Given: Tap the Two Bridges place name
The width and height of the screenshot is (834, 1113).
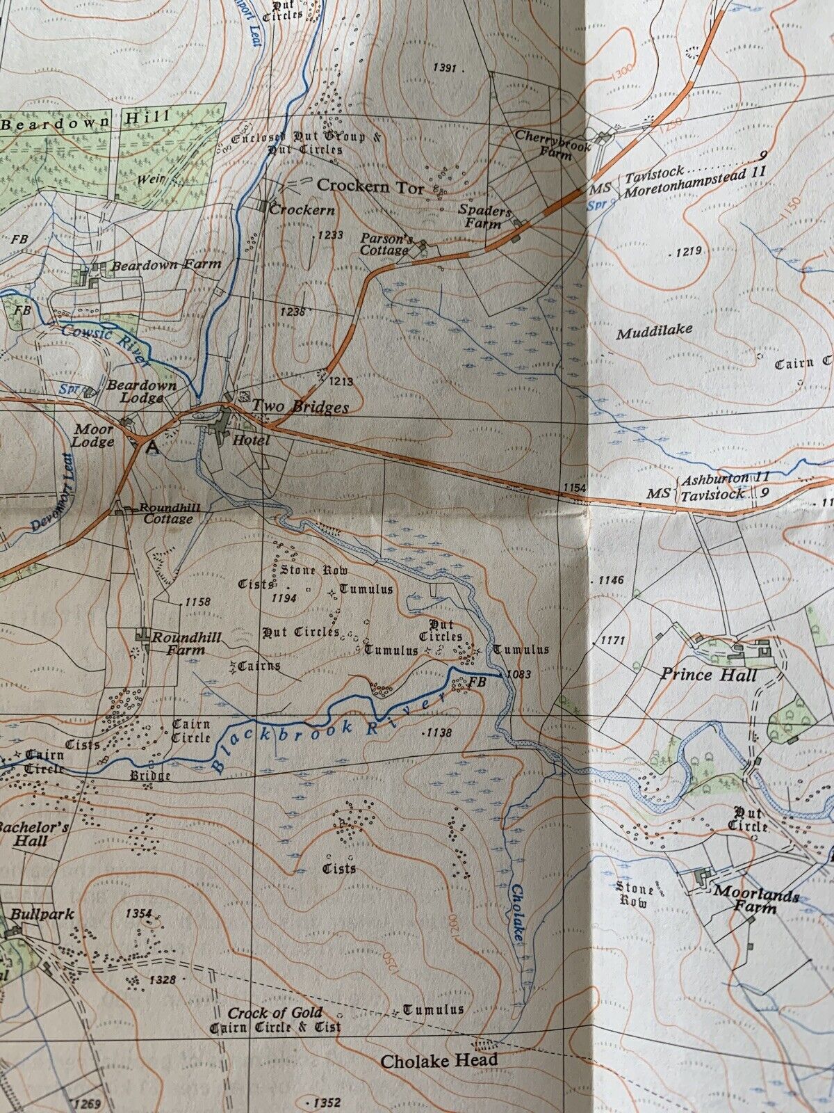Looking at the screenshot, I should pyautogui.click(x=300, y=407).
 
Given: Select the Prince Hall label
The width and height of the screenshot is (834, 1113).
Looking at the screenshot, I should pyautogui.click(x=708, y=674).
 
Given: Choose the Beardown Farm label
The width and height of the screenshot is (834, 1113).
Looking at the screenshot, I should pyautogui.click(x=166, y=264).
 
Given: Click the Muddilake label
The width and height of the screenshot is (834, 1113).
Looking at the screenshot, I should pyautogui.click(x=655, y=331).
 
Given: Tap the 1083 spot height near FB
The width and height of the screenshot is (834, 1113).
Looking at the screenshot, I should pyautogui.click(x=519, y=674).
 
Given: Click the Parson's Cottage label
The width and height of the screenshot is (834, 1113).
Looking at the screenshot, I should pyautogui.click(x=386, y=244).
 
